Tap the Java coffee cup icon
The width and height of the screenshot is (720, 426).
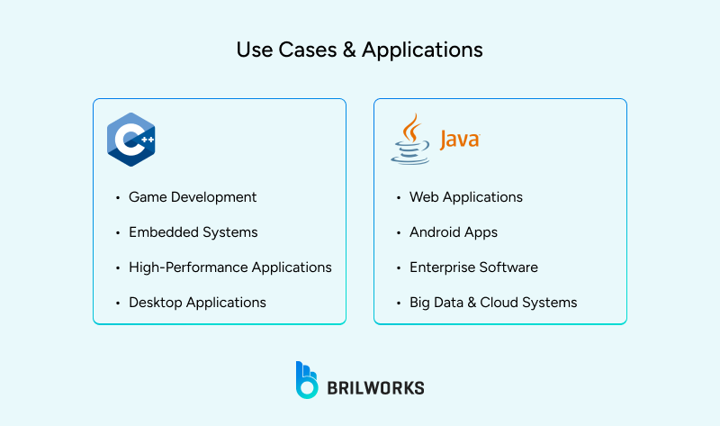410,140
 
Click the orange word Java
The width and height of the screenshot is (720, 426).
459,140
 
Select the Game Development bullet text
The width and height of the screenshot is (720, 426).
193,197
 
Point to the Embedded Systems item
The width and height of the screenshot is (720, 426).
193,232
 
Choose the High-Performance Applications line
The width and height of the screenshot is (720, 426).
230,267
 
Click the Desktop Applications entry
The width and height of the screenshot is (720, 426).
197,303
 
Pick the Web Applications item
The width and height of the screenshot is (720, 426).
466,197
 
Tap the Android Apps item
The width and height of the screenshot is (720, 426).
454,232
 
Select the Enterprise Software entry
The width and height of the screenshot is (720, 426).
473,267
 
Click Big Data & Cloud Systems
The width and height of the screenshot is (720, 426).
493,303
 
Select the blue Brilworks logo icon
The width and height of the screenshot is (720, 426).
307,379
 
